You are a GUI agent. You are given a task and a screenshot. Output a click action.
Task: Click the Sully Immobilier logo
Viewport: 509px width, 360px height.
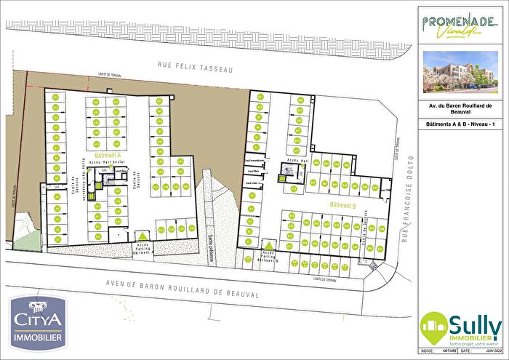[461, 325]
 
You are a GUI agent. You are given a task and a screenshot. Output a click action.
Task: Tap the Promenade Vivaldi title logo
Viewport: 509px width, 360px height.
[461, 25]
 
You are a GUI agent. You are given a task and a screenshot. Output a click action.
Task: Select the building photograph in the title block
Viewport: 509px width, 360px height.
[461, 73]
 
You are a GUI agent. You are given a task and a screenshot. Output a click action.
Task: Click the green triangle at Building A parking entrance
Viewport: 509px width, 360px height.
[144, 235]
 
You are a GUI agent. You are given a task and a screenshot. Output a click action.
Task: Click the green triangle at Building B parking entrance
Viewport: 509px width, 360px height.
[270, 246]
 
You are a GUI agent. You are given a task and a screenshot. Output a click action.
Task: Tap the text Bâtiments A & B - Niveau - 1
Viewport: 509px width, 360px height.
[461, 124]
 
